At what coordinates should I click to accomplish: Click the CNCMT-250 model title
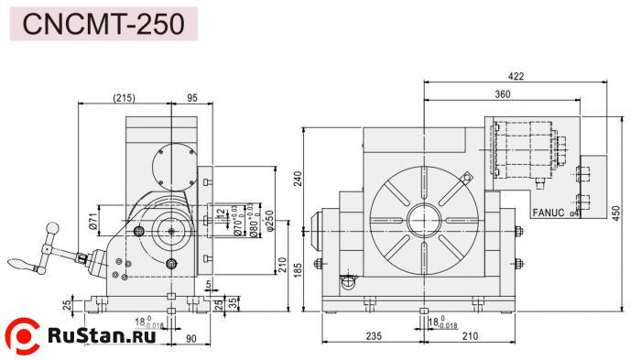point(107,22)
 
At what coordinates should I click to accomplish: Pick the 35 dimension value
point(234,301)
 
